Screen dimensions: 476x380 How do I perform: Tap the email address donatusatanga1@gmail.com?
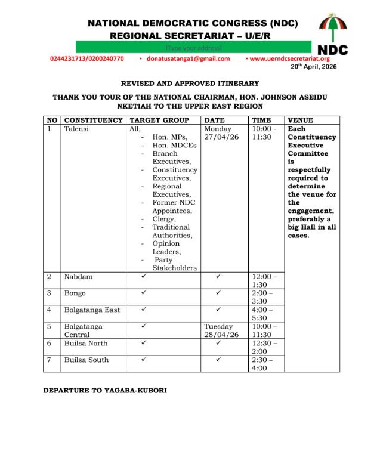(x=189, y=58)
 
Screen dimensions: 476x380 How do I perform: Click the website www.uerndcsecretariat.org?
(x=289, y=58)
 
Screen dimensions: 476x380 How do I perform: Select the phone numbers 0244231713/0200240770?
(x=87, y=58)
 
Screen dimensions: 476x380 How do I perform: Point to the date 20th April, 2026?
(x=314, y=67)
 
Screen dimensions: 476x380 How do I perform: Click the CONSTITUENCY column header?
(x=93, y=120)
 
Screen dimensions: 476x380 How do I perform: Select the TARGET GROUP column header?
(x=159, y=120)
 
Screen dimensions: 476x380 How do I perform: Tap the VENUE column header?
(x=300, y=120)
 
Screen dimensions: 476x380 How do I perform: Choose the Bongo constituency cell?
(x=75, y=293)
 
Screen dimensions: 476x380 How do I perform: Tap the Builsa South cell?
(x=86, y=360)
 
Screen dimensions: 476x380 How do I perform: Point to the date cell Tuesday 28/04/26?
(x=222, y=330)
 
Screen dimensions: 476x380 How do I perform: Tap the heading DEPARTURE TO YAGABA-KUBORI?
(x=105, y=390)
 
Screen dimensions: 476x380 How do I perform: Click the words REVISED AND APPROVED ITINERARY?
(x=190, y=84)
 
